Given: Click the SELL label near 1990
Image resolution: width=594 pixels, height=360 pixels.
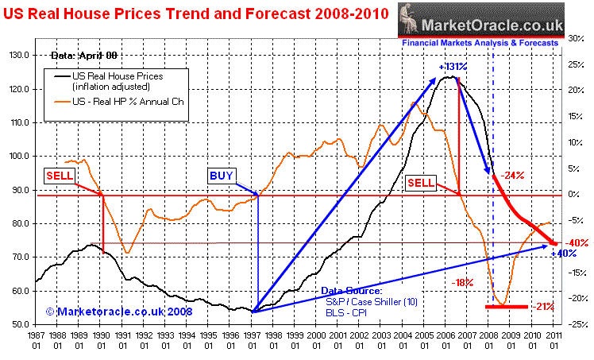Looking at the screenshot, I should [60, 176].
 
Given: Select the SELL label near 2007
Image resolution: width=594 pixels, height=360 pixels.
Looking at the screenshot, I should [421, 183].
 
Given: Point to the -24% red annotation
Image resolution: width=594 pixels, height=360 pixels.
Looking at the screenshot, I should [513, 176].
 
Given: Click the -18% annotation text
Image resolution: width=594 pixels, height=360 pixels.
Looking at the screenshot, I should [463, 281].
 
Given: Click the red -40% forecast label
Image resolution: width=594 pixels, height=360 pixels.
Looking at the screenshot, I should [577, 243].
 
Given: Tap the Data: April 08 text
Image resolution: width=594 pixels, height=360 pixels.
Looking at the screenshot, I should [83, 56].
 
